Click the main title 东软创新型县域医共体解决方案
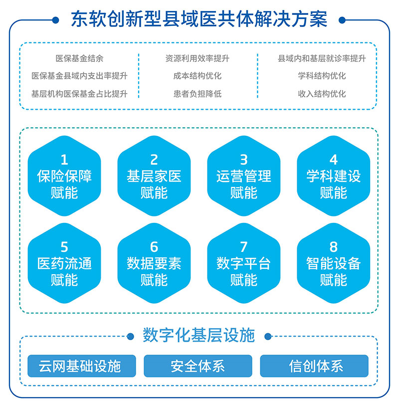click(199, 19)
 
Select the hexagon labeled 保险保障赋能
click(64, 176)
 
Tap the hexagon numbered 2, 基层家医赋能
click(154, 176)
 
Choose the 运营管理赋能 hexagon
click(244, 176)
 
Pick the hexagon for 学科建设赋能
click(334, 176)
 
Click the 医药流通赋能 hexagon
click(64, 263)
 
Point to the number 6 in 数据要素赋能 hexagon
click(154, 247)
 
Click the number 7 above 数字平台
click(244, 247)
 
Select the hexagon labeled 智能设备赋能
click(334, 263)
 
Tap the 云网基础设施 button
click(82, 366)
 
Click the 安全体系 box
click(198, 366)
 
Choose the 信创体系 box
click(314, 366)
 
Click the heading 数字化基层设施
click(199, 335)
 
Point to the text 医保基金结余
click(79, 58)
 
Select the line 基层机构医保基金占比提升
click(79, 94)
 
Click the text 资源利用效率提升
click(198, 58)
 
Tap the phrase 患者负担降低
click(198, 94)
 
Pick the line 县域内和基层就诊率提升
click(322, 58)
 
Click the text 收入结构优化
click(322, 94)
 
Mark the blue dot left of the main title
click(55, 20)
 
